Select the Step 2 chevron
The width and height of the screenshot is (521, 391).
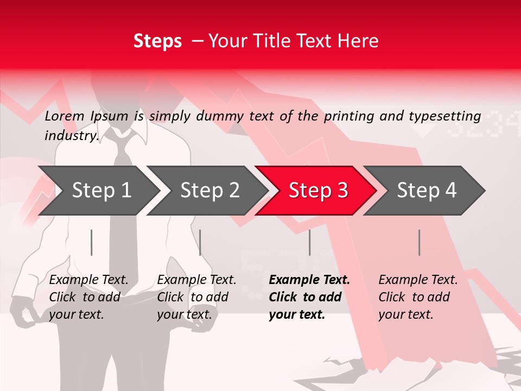209,191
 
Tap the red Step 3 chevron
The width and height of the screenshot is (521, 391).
317,191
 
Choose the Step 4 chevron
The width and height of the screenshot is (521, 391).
426,191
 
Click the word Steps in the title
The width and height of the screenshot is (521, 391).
157,41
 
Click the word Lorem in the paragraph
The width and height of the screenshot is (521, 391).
65,116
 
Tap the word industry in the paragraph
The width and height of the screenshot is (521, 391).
71,135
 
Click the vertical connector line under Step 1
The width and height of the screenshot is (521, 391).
92,242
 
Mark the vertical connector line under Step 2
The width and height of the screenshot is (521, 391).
200,242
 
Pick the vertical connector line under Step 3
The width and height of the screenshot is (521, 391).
309,242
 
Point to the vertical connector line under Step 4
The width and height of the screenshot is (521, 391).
419,242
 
